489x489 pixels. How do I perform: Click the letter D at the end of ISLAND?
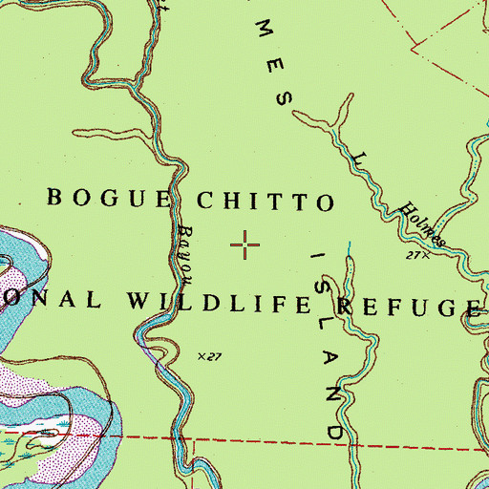tap(336, 431)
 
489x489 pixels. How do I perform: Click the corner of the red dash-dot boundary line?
tap(414, 43)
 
